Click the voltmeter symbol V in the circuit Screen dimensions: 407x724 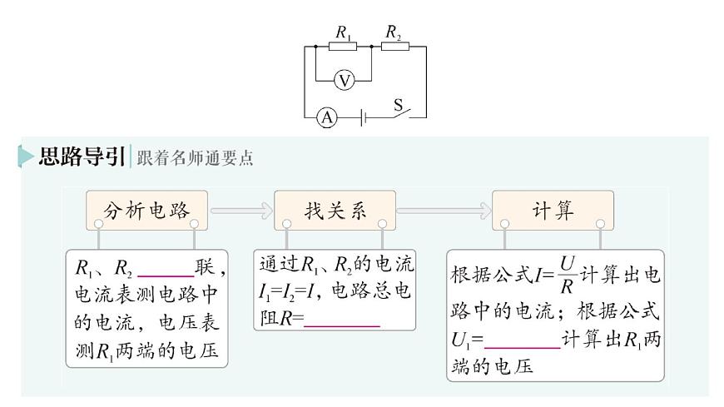pos(344,81)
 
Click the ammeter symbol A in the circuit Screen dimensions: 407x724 pos(327,118)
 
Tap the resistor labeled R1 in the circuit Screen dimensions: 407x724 pos(342,47)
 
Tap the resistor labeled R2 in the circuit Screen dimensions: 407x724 pos(394,47)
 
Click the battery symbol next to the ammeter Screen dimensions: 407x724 pos(363,118)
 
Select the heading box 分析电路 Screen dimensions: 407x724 pos(146,211)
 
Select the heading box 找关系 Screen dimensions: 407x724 pos(335,211)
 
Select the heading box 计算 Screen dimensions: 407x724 pos(553,211)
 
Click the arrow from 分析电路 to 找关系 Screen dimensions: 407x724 pos(242,211)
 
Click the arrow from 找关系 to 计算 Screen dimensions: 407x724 pos(444,211)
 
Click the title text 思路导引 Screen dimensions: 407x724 pos(82,156)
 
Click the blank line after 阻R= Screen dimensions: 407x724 pos(342,320)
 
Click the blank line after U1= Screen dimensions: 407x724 pos(522,341)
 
